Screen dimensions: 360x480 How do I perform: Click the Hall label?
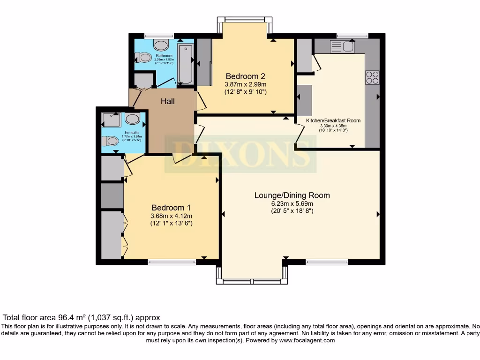pos(167,101)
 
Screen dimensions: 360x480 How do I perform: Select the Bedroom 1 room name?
pos(171,208)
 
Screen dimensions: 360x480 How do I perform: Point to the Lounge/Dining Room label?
pos(292,195)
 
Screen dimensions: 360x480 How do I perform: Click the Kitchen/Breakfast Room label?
pos(333,120)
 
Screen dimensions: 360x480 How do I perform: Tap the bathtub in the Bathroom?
pos(185,64)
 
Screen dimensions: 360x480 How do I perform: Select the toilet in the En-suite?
pos(111,141)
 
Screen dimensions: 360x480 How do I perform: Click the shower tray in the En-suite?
pos(111,120)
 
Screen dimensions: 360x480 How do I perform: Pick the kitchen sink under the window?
pos(342,46)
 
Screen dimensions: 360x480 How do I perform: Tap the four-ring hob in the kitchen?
pos(372,77)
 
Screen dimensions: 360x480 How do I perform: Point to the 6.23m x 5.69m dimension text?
pos(292,203)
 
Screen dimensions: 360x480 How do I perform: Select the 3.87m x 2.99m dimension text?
pos(246,84)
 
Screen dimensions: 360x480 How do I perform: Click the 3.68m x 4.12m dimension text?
pos(171,216)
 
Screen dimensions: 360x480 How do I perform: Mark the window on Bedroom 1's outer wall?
pos(172,262)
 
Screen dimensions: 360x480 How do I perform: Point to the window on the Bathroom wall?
pos(156,35)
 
